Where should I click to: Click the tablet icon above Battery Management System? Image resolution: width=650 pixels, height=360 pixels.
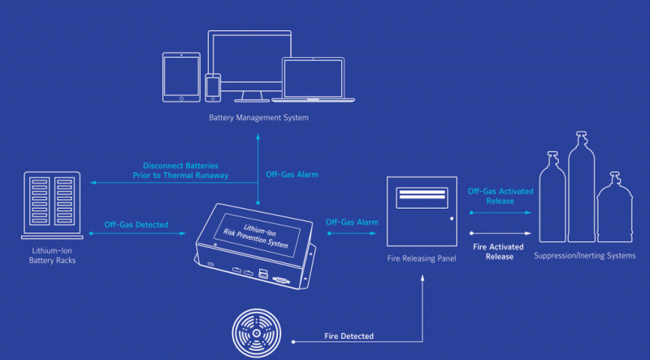pyautogui.click(x=181, y=77)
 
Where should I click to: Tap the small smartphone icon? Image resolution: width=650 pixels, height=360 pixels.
pyautogui.click(x=213, y=88)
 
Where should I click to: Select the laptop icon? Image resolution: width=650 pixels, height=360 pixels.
pyautogui.click(x=318, y=80)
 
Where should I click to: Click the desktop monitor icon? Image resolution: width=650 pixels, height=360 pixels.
pyautogui.click(x=252, y=65)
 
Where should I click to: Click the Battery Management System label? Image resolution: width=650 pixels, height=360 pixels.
pyautogui.click(x=258, y=119)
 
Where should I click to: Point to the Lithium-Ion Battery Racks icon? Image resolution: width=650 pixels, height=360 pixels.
pyautogui.click(x=52, y=205)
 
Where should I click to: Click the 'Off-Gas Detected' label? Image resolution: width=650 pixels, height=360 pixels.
pyautogui.click(x=136, y=224)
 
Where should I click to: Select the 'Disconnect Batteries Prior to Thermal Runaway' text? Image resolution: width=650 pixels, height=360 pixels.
pyautogui.click(x=180, y=170)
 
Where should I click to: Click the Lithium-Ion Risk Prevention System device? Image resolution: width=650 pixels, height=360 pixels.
pyautogui.click(x=252, y=241)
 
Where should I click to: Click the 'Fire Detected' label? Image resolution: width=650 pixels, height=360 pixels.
pyautogui.click(x=349, y=336)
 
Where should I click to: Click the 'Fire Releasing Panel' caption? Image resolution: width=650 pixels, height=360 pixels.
pyautogui.click(x=420, y=258)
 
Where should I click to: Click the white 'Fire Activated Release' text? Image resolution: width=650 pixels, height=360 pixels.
pyautogui.click(x=500, y=251)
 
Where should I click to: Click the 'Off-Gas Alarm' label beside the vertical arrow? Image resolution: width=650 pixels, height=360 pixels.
pyautogui.click(x=292, y=175)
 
